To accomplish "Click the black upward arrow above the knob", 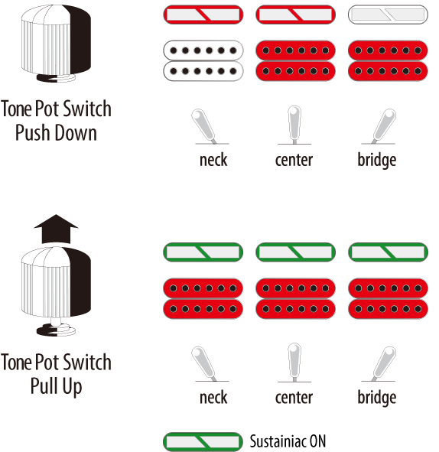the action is click(x=56, y=229).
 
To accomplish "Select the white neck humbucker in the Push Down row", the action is click(x=203, y=61).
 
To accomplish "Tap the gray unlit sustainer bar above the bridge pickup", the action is click(x=388, y=15).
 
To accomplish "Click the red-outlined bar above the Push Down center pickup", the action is click(x=295, y=15).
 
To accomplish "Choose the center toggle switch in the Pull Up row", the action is click(x=294, y=363).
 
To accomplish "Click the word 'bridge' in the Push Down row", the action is click(x=377, y=161).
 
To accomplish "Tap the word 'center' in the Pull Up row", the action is click(x=294, y=398).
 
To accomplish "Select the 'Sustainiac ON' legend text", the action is click(x=288, y=441).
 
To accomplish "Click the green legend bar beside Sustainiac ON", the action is click(x=203, y=441).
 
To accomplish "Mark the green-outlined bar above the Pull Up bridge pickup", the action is click(x=388, y=252).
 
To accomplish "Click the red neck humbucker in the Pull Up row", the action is click(x=203, y=298).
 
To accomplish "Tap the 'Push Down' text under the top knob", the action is click(x=56, y=133).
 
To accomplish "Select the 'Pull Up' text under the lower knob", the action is click(x=56, y=386).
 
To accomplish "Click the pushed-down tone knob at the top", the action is click(x=56, y=44).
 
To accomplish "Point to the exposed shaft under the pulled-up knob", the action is click(x=56, y=320).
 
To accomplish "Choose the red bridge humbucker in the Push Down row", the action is click(x=388, y=61).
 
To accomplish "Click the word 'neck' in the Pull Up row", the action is click(x=213, y=398).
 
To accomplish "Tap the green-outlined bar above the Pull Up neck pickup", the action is click(x=203, y=252).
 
